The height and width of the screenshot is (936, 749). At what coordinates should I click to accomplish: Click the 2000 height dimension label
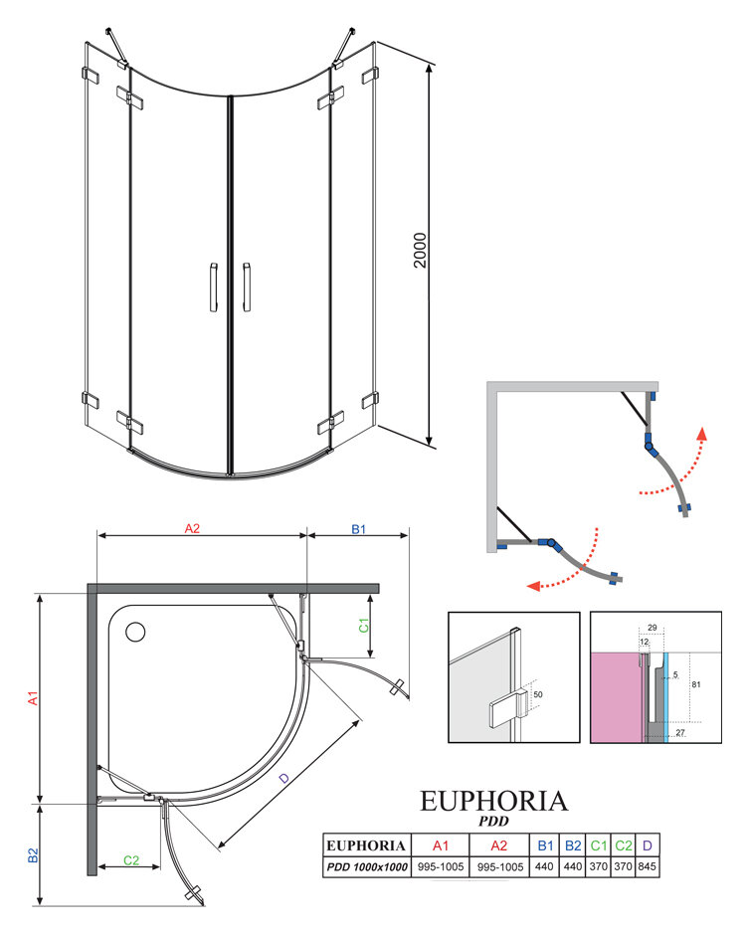(x=421, y=250)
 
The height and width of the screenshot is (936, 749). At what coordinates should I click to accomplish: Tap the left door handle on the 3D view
(x=213, y=287)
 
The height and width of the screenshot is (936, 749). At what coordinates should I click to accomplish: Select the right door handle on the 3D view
(x=247, y=287)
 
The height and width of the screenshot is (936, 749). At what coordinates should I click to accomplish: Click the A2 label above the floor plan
(x=192, y=528)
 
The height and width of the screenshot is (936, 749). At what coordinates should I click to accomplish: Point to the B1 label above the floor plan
(x=358, y=529)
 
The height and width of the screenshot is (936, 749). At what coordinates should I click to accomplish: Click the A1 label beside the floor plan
(x=33, y=698)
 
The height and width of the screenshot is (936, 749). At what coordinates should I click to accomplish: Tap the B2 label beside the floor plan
(x=33, y=855)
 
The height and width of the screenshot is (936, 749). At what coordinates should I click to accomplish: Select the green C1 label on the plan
(x=363, y=625)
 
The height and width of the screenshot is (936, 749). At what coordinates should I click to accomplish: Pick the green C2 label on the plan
(x=131, y=860)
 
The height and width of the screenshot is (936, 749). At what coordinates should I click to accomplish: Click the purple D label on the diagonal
(x=284, y=778)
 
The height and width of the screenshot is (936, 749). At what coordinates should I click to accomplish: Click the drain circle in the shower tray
(x=135, y=632)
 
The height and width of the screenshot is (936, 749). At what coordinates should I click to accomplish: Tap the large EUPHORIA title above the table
(x=493, y=801)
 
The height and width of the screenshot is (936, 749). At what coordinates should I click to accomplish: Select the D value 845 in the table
(x=647, y=866)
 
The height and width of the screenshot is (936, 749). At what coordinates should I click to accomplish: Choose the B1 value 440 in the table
(x=544, y=866)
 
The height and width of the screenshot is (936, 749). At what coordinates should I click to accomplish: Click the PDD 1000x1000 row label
(x=367, y=866)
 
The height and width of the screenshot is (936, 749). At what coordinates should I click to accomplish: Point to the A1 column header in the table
(x=441, y=845)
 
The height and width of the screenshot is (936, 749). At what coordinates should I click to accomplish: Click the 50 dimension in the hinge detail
(x=538, y=694)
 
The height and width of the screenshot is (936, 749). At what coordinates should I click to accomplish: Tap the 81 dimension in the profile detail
(x=696, y=684)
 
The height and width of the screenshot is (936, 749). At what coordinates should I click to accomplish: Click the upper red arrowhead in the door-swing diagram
(x=702, y=434)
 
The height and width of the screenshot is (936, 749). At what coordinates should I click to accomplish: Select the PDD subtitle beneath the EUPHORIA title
(x=493, y=822)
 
